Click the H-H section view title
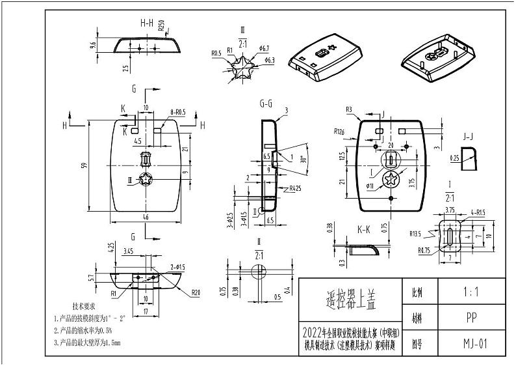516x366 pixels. coord(147,23)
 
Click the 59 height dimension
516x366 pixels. coord(83,166)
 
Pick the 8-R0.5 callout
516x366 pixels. coord(177,112)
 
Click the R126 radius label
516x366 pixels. coord(339,132)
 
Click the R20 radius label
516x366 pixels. coord(195,292)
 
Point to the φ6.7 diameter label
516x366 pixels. coord(264,48)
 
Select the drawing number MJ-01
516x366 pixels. coord(474,343)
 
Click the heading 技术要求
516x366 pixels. coord(84,305)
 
